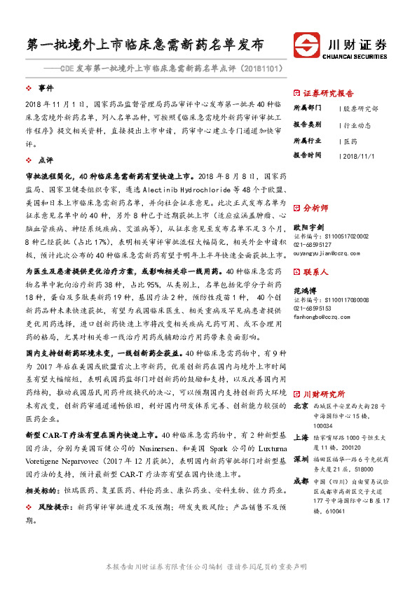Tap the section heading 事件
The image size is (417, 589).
click(x=46, y=88)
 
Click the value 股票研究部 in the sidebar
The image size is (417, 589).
click(x=362, y=109)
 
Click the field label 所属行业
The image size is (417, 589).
click(x=307, y=140)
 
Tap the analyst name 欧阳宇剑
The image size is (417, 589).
click(x=309, y=227)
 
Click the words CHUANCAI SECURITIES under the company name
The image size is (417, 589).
click(x=357, y=56)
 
